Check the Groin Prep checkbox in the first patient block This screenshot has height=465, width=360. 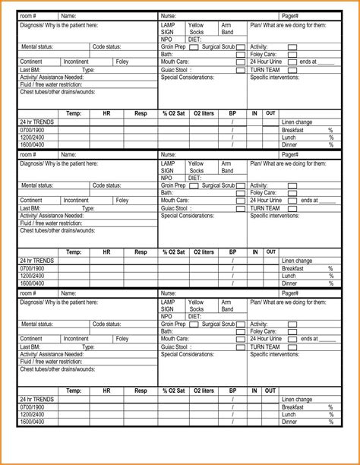click(194, 47)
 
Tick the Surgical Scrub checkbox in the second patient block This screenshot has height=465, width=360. click(241, 185)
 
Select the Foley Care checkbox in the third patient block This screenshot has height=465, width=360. click(292, 331)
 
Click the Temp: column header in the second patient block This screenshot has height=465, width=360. click(74, 251)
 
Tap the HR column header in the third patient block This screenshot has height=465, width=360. click(107, 391)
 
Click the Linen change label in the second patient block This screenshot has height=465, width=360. click(297, 261)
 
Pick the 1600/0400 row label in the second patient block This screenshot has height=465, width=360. click(32, 283)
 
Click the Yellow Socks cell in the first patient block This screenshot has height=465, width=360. click(196, 29)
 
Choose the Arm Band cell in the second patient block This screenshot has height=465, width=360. click(227, 167)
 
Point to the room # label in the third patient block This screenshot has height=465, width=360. click(28, 293)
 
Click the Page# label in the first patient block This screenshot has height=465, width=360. click(290, 16)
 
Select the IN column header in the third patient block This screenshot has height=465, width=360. click(255, 391)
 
